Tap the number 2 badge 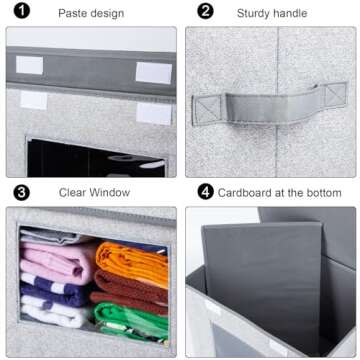point(205,13)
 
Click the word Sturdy point(256,13)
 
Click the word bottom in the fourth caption point(322,192)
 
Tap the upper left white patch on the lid point(30,65)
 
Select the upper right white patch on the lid point(153,72)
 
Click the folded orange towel point(133,264)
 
